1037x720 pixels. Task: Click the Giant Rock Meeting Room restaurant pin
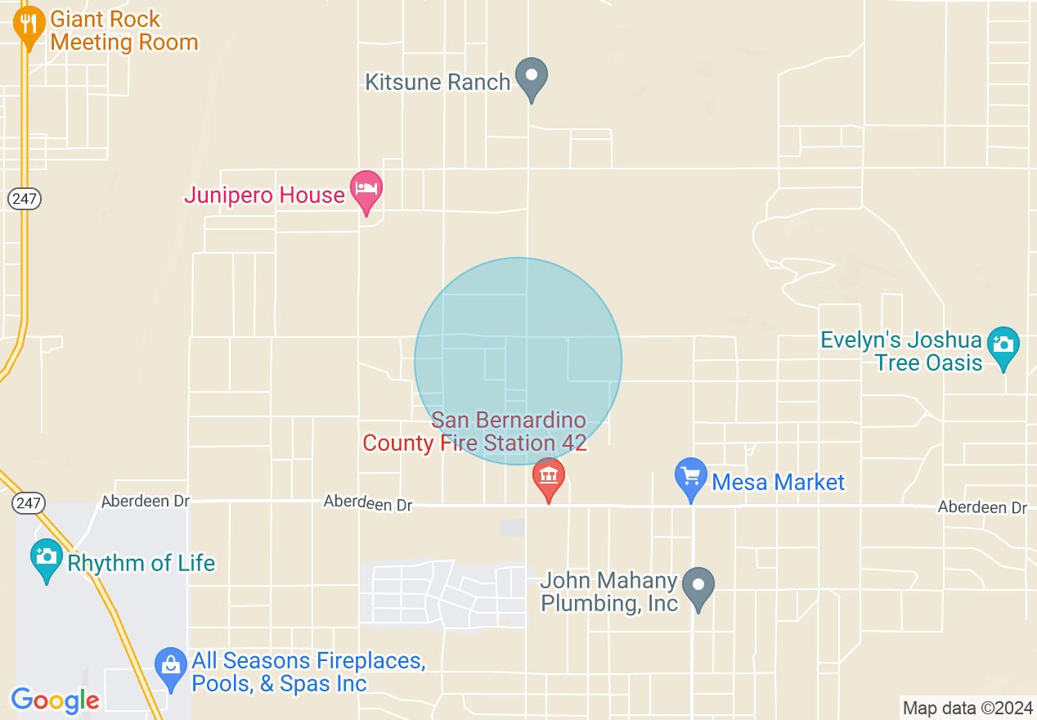pyautogui.click(x=29, y=28)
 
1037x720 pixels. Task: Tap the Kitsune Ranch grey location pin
pyautogui.click(x=532, y=76)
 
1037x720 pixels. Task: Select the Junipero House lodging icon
pyautogui.click(x=366, y=189)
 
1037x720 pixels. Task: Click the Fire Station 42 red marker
pyautogui.click(x=548, y=477)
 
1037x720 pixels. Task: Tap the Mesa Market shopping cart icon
pyautogui.click(x=691, y=476)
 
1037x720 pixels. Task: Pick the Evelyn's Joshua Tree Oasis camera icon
pyautogui.click(x=1003, y=344)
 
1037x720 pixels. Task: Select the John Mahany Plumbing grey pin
pyautogui.click(x=698, y=586)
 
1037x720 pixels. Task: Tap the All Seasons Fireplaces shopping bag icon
pyautogui.click(x=170, y=666)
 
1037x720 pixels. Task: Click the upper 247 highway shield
pyautogui.click(x=26, y=198)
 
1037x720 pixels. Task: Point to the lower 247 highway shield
pyautogui.click(x=28, y=503)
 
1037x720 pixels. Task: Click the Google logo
pyautogui.click(x=55, y=700)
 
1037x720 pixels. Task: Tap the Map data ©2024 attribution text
pyautogui.click(x=967, y=708)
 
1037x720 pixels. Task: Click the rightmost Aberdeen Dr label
pyautogui.click(x=982, y=507)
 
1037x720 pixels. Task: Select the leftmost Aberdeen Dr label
pyautogui.click(x=146, y=501)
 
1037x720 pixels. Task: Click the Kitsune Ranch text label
pyautogui.click(x=438, y=82)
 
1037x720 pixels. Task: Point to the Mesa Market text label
pyautogui.click(x=778, y=482)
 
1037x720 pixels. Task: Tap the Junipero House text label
pyautogui.click(x=264, y=195)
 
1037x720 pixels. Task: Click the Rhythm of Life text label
pyautogui.click(x=141, y=563)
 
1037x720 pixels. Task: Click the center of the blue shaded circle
pyautogui.click(x=518, y=361)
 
